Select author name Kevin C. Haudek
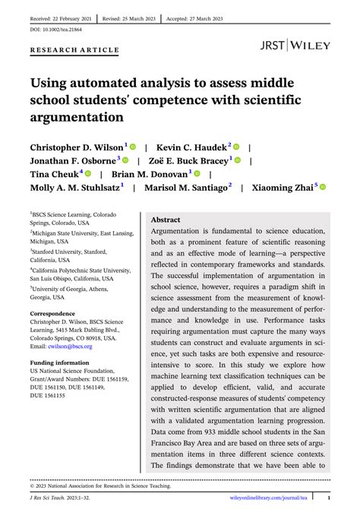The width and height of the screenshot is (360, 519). (203, 146)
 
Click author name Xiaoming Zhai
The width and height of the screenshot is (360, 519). (281, 188)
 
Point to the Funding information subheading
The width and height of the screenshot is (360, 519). (59, 362)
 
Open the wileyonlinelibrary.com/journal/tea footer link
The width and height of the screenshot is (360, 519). (269, 498)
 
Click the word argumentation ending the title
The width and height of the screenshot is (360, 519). (77, 117)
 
